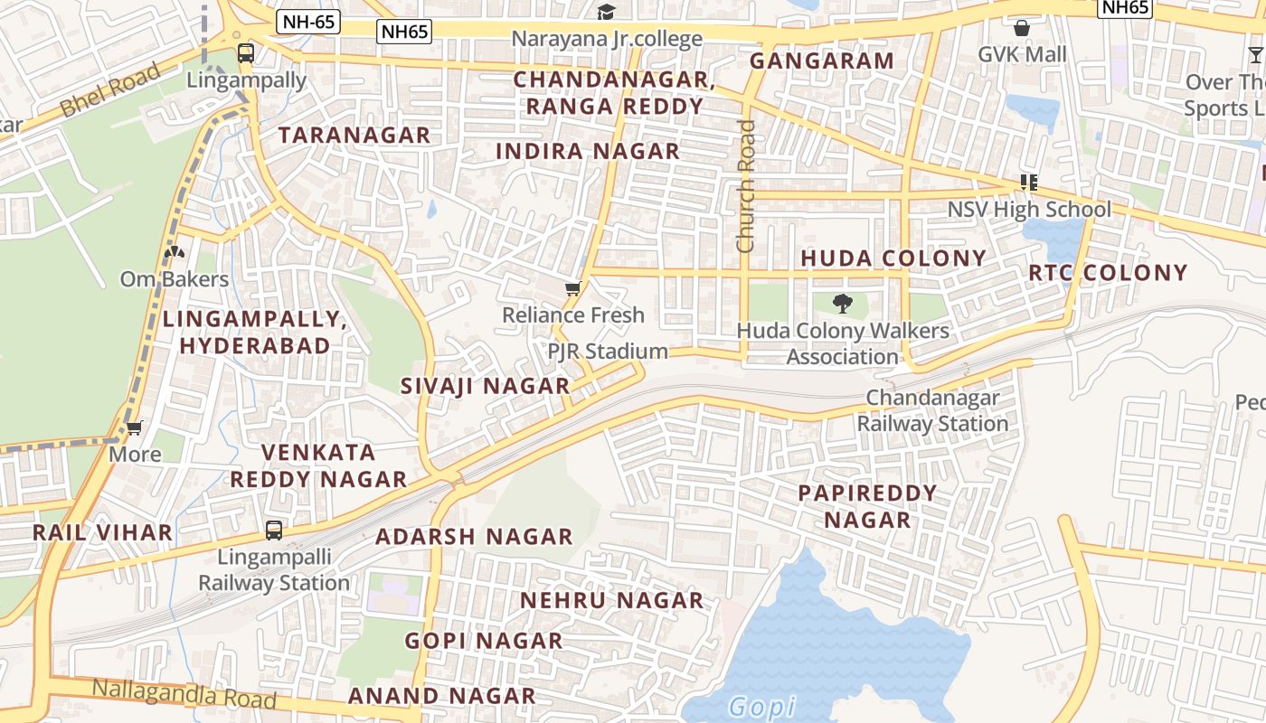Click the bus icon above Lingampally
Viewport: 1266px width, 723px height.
(x=246, y=52)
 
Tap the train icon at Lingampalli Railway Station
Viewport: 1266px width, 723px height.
(x=274, y=531)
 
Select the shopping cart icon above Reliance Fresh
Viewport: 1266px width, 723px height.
(x=572, y=289)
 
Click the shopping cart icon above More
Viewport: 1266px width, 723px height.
(x=135, y=427)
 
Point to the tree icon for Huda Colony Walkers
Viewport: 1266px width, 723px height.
(x=843, y=303)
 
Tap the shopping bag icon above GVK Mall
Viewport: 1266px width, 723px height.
(x=1022, y=28)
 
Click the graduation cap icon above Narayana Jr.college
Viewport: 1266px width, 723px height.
(x=606, y=12)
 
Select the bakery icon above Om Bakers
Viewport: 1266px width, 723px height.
(x=175, y=252)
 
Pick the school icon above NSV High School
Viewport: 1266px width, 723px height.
(x=1028, y=183)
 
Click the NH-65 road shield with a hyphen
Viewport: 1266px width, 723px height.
(x=308, y=22)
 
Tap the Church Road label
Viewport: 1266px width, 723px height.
(x=745, y=186)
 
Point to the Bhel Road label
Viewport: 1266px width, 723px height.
(x=110, y=89)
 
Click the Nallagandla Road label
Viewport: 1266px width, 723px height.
(x=184, y=694)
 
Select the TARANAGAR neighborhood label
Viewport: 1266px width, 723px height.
(x=354, y=136)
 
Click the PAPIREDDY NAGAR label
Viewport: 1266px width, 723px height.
(x=867, y=506)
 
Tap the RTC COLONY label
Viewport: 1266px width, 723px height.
(x=1108, y=273)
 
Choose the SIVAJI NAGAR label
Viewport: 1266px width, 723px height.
(x=485, y=386)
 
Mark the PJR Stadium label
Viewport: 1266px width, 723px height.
(x=608, y=351)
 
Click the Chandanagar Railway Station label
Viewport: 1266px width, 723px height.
(x=932, y=410)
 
